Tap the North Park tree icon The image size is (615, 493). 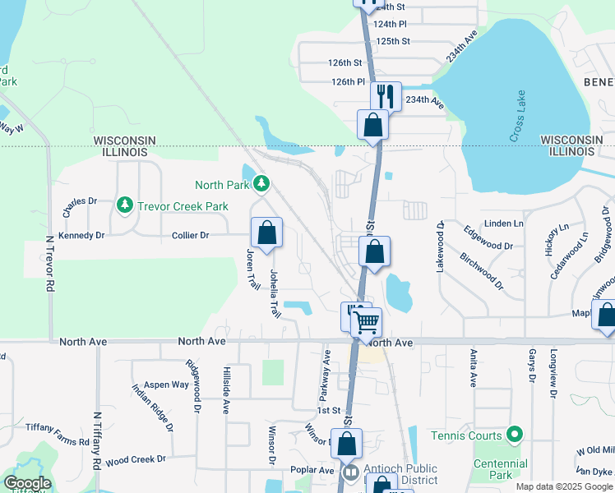click(x=261, y=182)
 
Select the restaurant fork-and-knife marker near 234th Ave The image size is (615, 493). click(x=386, y=96)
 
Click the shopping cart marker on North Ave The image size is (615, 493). click(x=367, y=322)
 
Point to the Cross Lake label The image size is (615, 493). click(x=518, y=116)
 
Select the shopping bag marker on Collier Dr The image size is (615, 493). click(x=267, y=233)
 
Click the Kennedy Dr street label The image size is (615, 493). click(x=81, y=235)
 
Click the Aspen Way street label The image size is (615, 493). click(x=167, y=385)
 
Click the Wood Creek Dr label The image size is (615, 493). click(x=136, y=459)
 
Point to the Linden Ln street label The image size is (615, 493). click(x=505, y=223)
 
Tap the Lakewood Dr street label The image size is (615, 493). click(x=441, y=246)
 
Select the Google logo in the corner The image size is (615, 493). click(x=27, y=483)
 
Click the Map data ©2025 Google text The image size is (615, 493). click(x=563, y=486)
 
